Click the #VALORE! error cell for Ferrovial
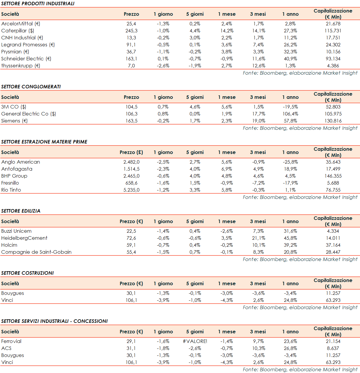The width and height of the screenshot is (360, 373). point(195,341)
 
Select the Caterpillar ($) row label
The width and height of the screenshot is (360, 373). point(18,31)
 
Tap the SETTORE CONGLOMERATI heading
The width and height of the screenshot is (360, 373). point(31,87)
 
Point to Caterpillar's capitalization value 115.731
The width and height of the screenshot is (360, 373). point(333,31)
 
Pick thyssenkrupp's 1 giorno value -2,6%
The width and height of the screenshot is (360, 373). point(163,66)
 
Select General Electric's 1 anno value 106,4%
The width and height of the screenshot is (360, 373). point(290,114)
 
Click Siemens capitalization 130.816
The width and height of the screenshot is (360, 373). point(333,121)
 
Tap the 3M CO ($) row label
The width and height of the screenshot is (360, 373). point(14,107)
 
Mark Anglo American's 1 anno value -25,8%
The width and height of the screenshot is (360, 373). point(290,162)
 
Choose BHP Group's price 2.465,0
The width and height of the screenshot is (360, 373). point(131,176)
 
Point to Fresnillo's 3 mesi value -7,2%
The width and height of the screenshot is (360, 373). point(258,183)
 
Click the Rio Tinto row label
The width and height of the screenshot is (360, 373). point(11,190)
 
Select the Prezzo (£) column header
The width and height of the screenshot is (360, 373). point(131,152)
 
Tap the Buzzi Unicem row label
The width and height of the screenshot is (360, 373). point(16,231)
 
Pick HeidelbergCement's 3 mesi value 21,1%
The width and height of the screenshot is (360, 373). point(258,238)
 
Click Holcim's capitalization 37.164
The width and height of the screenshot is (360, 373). point(333,245)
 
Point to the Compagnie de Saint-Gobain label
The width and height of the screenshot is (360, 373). point(36,252)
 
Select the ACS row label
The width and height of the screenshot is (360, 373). point(6,348)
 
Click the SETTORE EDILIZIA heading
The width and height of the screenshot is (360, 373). point(21,211)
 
